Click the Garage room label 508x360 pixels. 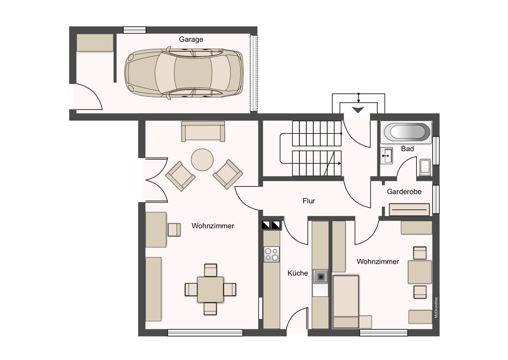click(x=191, y=40)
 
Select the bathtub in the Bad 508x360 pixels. click(x=406, y=132)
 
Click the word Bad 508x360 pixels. click(x=407, y=149)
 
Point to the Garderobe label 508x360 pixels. click(x=404, y=192)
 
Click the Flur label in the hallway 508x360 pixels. click(x=309, y=201)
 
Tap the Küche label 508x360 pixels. click(x=298, y=273)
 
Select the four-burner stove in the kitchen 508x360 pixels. click(x=272, y=254)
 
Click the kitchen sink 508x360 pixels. click(x=321, y=277)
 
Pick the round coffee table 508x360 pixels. click(x=202, y=160)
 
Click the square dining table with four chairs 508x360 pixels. click(x=210, y=290)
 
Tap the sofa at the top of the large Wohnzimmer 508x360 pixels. click(x=203, y=131)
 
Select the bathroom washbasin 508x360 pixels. click(x=386, y=156)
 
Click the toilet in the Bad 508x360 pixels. click(x=425, y=167)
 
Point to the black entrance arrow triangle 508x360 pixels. click(x=358, y=110)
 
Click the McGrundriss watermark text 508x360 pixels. click(x=436, y=307)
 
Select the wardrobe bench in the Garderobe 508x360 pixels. click(x=409, y=210)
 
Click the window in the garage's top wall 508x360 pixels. click(x=134, y=30)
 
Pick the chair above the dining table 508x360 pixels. click(x=210, y=270)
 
